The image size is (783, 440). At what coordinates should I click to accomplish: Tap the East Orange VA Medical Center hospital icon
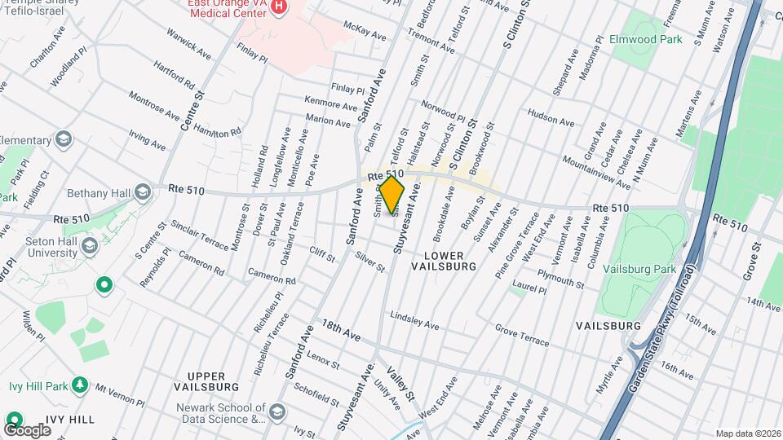click(280, 7)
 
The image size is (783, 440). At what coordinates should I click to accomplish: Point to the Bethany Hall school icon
click(144, 193)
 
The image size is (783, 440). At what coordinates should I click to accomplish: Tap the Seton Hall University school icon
click(91, 244)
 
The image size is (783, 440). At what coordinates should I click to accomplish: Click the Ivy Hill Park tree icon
click(79, 384)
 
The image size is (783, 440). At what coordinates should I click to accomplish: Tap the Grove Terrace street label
click(522, 335)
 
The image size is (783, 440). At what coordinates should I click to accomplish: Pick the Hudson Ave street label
click(551, 117)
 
